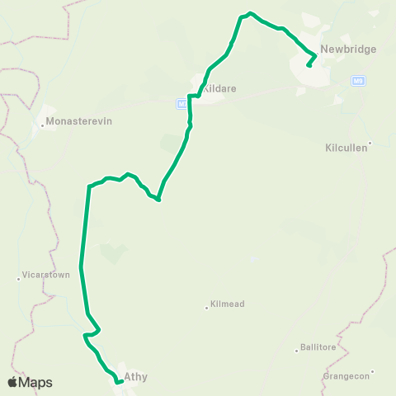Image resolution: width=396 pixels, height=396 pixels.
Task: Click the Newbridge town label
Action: point(348,49)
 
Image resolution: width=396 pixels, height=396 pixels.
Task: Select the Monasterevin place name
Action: point(79,121)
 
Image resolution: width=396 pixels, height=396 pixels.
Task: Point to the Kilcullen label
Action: point(345,149)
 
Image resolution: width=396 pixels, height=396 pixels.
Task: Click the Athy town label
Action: point(135,377)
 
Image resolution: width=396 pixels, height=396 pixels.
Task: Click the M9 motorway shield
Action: point(358,81)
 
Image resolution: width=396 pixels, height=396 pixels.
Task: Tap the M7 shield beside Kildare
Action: point(181,103)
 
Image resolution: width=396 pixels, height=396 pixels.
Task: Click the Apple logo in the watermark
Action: point(12,382)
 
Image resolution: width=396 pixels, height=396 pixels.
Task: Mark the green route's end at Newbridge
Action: point(308,65)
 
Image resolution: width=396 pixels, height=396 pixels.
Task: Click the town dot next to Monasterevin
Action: point(42,126)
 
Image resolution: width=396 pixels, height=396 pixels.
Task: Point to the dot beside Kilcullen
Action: point(370,144)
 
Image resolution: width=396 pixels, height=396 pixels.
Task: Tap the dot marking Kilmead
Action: point(206,309)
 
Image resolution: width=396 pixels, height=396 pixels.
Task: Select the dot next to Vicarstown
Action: point(18,279)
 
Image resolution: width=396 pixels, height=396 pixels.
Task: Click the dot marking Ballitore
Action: point(296,351)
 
